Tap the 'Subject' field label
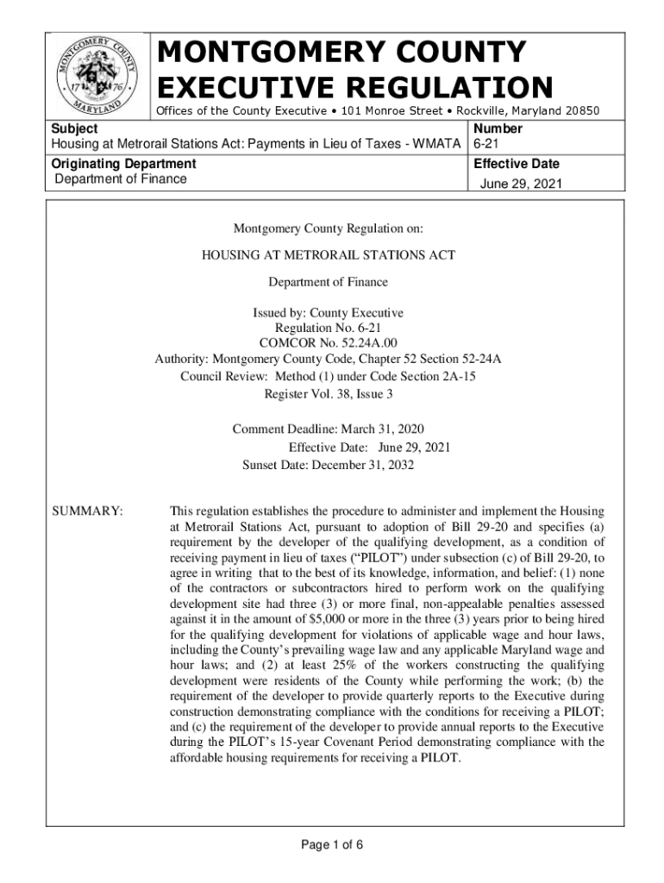tap(73, 128)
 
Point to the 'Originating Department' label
tap(123, 164)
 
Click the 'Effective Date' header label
tap(517, 164)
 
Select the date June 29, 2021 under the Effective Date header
tap(517, 184)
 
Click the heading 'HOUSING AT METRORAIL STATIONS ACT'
tap(328, 255)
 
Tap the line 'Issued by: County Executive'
tap(328, 313)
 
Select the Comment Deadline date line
tap(328, 429)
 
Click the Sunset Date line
tap(328, 465)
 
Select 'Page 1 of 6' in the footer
tap(331, 844)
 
